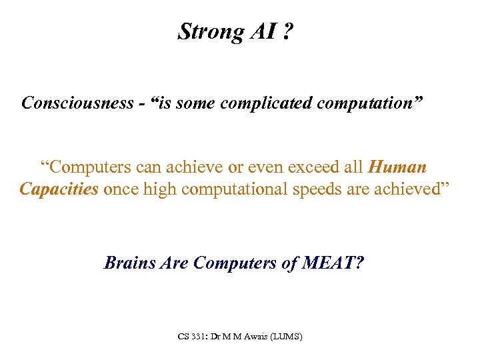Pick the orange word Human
397,167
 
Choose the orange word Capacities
59,189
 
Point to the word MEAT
331,263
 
